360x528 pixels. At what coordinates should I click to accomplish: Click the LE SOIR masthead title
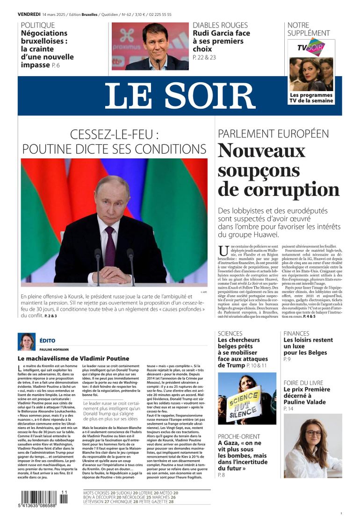[x=180, y=96]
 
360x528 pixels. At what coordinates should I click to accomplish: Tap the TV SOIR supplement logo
[x=311, y=47]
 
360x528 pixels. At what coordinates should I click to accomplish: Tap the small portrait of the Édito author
[x=26, y=342]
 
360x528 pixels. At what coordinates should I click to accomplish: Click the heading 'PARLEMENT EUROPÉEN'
[x=273, y=133]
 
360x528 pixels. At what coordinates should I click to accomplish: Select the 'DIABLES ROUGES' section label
[x=220, y=25]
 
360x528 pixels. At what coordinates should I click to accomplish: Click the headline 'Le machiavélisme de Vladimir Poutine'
[x=73, y=358]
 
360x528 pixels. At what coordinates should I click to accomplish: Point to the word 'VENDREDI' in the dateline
[x=29, y=14]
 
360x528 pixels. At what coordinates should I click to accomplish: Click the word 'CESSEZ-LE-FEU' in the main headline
[x=111, y=135]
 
